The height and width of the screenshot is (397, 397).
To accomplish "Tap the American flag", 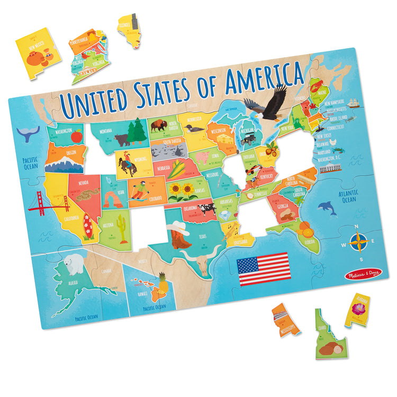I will [264, 269].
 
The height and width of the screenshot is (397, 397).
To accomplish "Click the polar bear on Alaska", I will [73, 262].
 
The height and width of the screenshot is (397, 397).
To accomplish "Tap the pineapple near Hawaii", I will [163, 284].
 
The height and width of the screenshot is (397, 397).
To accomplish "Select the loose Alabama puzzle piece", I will [357, 310].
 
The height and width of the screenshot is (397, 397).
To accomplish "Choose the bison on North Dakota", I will [158, 126].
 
